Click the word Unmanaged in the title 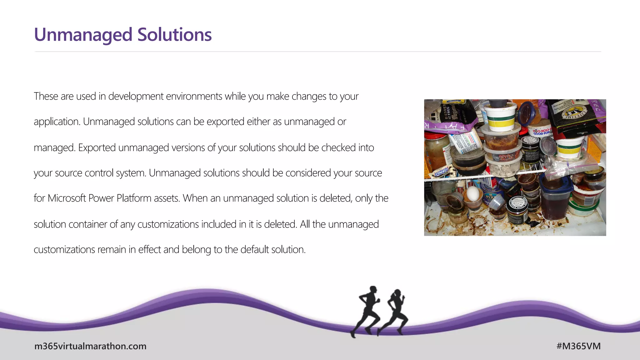(x=83, y=35)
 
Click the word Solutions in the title (x=174, y=35)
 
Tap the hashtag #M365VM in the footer (x=578, y=346)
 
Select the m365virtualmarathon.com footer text (x=90, y=346)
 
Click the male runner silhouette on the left (x=366, y=311)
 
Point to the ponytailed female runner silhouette (x=394, y=312)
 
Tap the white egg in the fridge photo (x=472, y=193)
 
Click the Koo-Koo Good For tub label (x=542, y=132)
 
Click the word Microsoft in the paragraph (x=67, y=198)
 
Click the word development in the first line (x=136, y=97)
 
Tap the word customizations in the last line (x=64, y=250)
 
